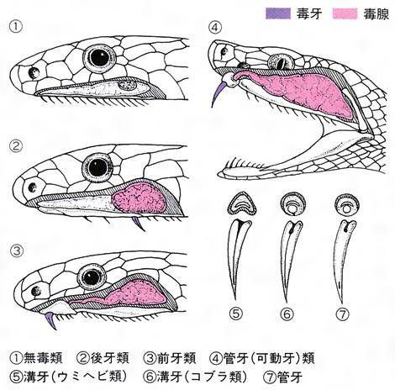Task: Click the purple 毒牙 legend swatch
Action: pos(278,13)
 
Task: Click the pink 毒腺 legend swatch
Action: pos(345,13)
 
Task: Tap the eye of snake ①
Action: pos(99,57)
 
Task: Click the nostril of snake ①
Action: pos(34,73)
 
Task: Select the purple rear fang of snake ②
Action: pos(138,224)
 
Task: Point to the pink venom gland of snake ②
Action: pos(138,198)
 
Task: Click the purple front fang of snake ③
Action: pos(50,320)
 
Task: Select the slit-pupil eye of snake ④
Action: pos(281,61)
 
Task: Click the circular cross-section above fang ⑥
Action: pos(293,203)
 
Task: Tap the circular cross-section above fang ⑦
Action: pos(347,203)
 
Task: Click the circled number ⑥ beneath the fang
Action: pos(287,314)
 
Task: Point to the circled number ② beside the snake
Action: pos(16,146)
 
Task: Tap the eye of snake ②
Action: pos(97,167)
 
